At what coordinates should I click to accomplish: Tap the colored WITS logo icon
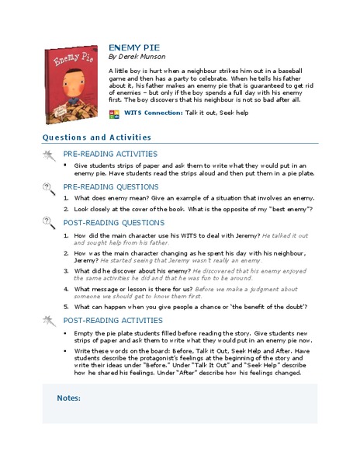[x=116, y=113]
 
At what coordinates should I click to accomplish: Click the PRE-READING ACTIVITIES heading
[x=110, y=154]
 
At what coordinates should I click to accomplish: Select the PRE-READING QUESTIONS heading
[x=109, y=187]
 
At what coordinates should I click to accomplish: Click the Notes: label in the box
[x=69, y=398]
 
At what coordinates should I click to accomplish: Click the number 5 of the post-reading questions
[x=66, y=306]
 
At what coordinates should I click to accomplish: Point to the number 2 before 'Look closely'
[x=66, y=210]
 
